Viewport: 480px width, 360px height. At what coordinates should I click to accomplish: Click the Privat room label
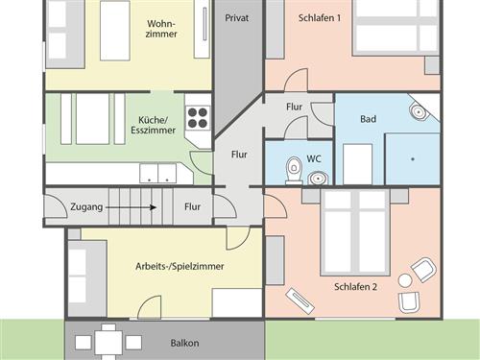[x=237, y=18]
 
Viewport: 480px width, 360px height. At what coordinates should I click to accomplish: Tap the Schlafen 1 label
[x=320, y=18]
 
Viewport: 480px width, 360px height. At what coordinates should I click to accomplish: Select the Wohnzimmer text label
[x=161, y=29]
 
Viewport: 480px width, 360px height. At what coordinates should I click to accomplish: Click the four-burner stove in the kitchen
[x=198, y=118]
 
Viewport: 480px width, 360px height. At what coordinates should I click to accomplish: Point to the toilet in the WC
[x=294, y=170]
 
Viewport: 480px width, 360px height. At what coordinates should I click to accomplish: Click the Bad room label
[x=368, y=119]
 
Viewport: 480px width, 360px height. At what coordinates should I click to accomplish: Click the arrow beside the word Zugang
[x=131, y=207]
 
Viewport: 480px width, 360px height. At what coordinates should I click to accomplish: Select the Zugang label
[x=86, y=207]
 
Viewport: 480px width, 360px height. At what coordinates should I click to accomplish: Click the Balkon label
[x=184, y=343]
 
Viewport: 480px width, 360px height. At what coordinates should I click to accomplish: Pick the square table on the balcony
[x=108, y=342]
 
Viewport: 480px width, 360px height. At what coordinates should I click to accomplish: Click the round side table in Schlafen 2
[x=405, y=280]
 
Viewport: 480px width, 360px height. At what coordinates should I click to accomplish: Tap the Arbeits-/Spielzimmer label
[x=180, y=266]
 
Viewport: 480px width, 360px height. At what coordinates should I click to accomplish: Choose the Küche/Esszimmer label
[x=153, y=125]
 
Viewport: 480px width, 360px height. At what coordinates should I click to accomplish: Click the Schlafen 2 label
[x=355, y=287]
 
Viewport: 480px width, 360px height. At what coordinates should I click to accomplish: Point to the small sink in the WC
[x=318, y=178]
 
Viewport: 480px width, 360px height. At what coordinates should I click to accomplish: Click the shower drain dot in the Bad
[x=413, y=158]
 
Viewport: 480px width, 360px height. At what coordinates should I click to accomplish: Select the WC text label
[x=314, y=158]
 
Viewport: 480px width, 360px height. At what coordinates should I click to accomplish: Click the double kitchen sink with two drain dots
[x=158, y=174]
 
